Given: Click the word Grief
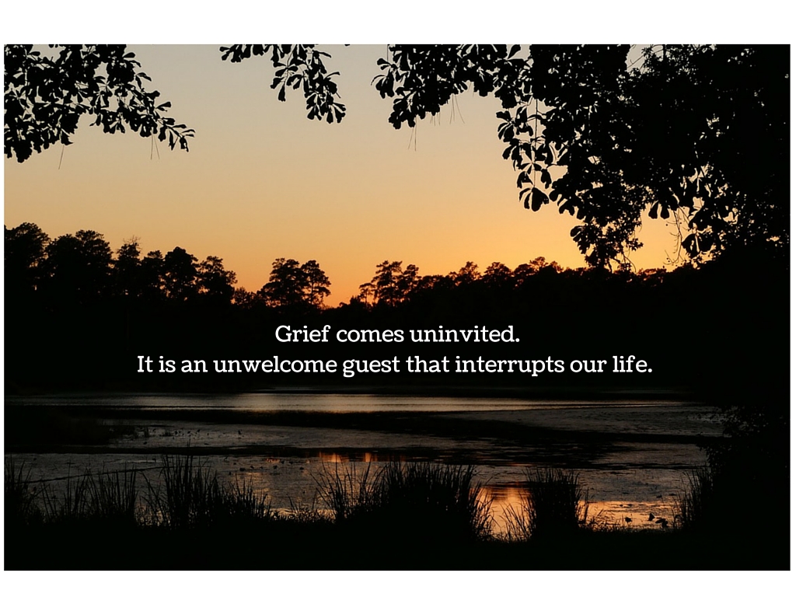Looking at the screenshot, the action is [x=302, y=334].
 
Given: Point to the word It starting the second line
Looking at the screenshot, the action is [x=145, y=365].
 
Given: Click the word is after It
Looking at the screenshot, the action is [x=166, y=365].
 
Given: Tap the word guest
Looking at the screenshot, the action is [x=371, y=367].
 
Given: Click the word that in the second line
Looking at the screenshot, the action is [x=428, y=365].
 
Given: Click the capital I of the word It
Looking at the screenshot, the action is [x=141, y=365].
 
